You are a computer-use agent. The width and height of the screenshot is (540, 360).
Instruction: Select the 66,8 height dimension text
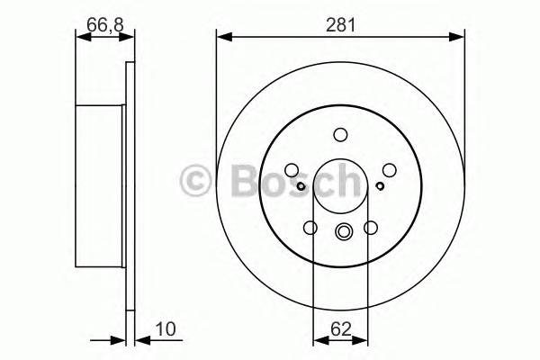tap(103, 25)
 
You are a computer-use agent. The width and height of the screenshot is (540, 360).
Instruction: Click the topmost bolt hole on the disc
tap(340, 136)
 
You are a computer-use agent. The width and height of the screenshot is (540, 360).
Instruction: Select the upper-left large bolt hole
tap(292, 169)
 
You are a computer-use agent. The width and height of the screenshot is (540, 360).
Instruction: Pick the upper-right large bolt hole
tap(389, 169)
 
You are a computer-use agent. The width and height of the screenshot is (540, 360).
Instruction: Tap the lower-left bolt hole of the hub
tap(310, 228)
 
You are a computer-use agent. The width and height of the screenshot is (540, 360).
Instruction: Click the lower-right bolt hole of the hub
tap(370, 228)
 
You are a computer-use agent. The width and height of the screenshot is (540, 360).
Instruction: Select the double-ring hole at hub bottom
tap(341, 233)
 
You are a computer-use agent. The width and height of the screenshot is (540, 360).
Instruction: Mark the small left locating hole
tap(301, 186)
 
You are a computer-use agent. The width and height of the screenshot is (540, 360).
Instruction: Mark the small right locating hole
tap(380, 186)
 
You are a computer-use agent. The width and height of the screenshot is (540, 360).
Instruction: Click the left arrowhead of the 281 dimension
tap(222, 37)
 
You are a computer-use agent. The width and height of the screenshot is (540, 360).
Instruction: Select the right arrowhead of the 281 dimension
tap(459, 37)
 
